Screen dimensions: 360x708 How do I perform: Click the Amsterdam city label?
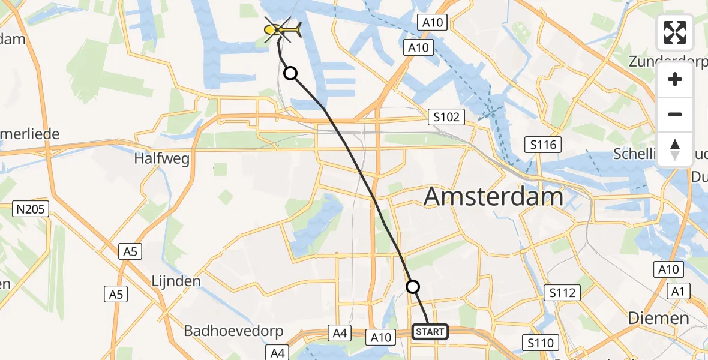point(494,197)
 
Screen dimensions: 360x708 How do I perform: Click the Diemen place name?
point(658,318)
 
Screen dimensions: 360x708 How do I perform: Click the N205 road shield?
point(31,209)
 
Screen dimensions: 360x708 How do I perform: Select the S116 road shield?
point(543,144)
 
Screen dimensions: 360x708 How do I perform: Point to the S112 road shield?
point(562,293)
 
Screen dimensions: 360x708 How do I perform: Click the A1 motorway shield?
point(679,292)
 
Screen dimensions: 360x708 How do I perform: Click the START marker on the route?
point(430,331)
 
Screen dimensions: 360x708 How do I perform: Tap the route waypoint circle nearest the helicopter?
point(290,73)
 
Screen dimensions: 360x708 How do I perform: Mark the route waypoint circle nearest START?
point(413,287)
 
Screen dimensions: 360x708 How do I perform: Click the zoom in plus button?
point(675,79)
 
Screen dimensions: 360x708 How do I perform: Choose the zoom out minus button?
point(675,114)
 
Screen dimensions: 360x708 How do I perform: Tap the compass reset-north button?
point(675,149)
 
